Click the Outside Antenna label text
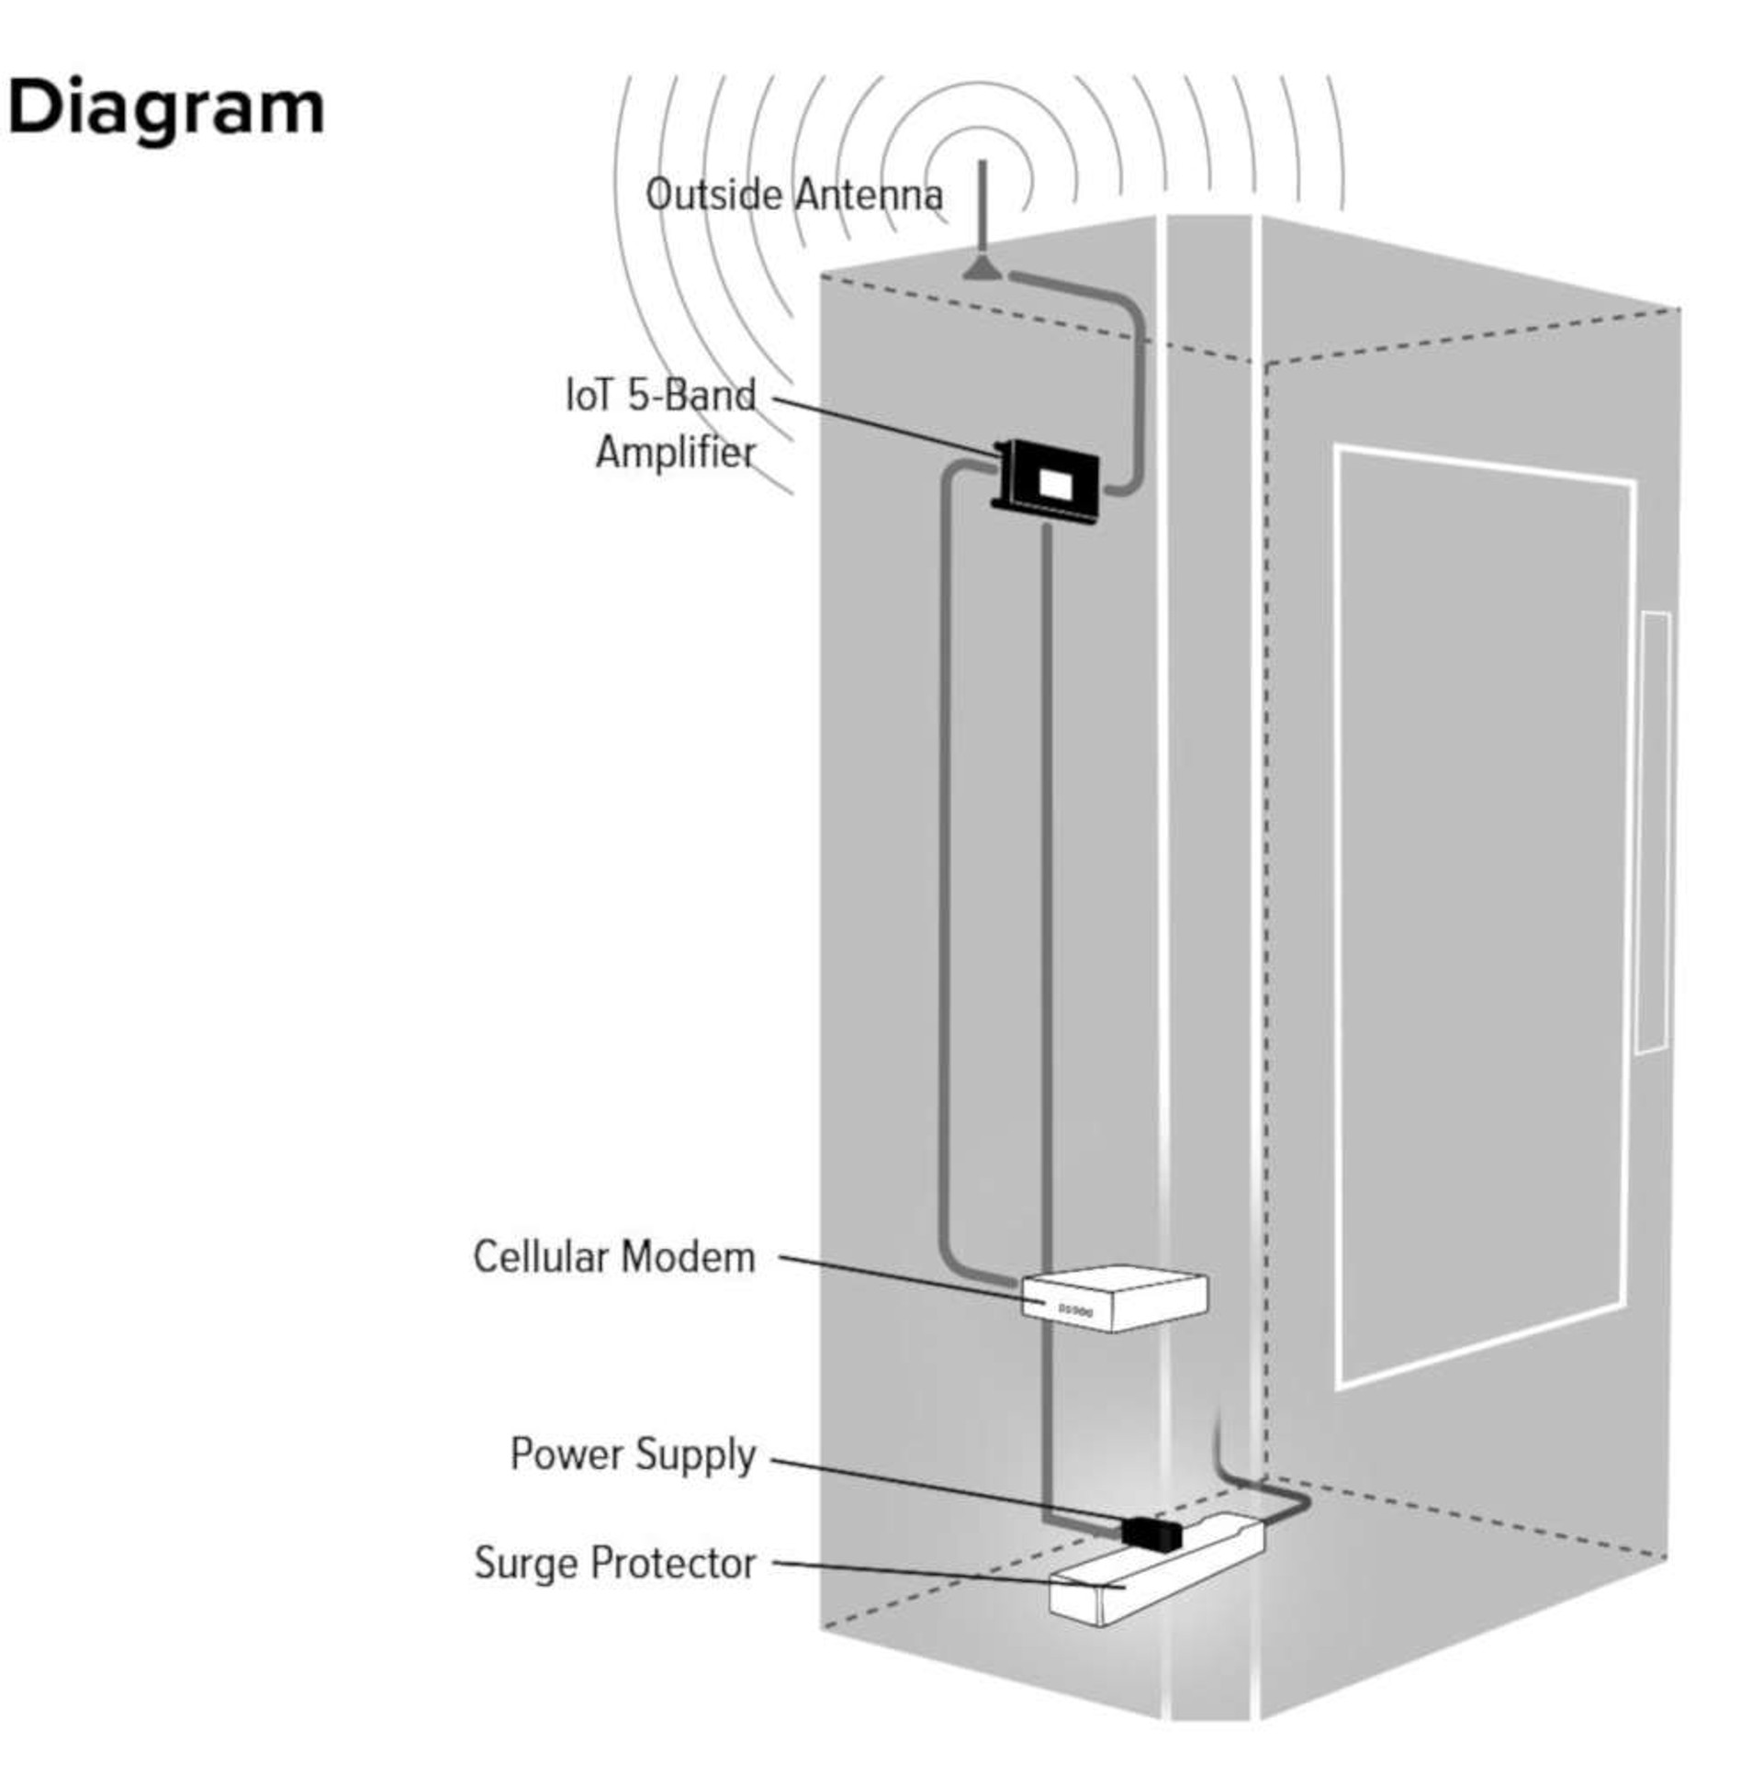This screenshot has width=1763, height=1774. point(793,196)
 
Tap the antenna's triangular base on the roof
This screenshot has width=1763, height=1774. point(982,269)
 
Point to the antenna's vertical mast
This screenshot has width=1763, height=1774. point(982,207)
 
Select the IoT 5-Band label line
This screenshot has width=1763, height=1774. point(660,396)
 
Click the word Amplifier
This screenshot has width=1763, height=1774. point(675,453)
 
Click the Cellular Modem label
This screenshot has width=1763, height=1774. point(613,1257)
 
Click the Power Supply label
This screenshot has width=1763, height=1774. point(632,1454)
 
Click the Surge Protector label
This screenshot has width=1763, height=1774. point(614,1563)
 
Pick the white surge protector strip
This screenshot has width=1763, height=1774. point(1157,1579)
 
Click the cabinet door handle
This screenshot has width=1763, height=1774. point(1653,831)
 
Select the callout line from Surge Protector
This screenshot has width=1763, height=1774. point(946,1573)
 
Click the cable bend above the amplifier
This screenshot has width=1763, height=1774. point(1129,312)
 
